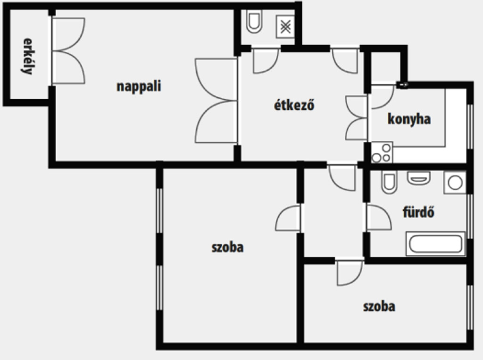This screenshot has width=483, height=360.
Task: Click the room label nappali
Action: pyautogui.click(x=139, y=86)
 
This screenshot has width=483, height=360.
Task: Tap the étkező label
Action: pyautogui.click(x=294, y=105)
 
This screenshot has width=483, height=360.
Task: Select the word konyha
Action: pyautogui.click(x=409, y=119)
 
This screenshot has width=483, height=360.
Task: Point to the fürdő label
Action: pyautogui.click(x=418, y=212)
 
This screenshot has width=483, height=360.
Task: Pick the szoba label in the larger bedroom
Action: pyautogui.click(x=228, y=247)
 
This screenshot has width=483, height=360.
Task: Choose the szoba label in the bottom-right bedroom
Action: pyautogui.click(x=379, y=307)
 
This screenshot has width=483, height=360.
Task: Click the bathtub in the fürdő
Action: pyautogui.click(x=435, y=243)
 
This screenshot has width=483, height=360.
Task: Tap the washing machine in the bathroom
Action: pyautogui.click(x=455, y=183)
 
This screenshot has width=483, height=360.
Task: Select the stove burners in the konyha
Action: pyautogui.click(x=382, y=152)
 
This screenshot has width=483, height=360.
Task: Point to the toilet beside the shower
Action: pyautogui.click(x=254, y=22)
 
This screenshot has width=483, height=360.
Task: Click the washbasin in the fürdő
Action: pyautogui.click(x=419, y=178)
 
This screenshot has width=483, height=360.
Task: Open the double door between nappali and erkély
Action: pyautogui.click(x=68, y=51)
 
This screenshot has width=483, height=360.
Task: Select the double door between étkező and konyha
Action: pyautogui.click(x=357, y=117)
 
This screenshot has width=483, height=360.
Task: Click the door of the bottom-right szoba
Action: pyautogui.click(x=349, y=272)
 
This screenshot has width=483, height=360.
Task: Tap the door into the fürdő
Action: pyautogui.click(x=378, y=218)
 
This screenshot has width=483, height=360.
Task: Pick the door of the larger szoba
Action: pyautogui.click(x=288, y=218)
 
